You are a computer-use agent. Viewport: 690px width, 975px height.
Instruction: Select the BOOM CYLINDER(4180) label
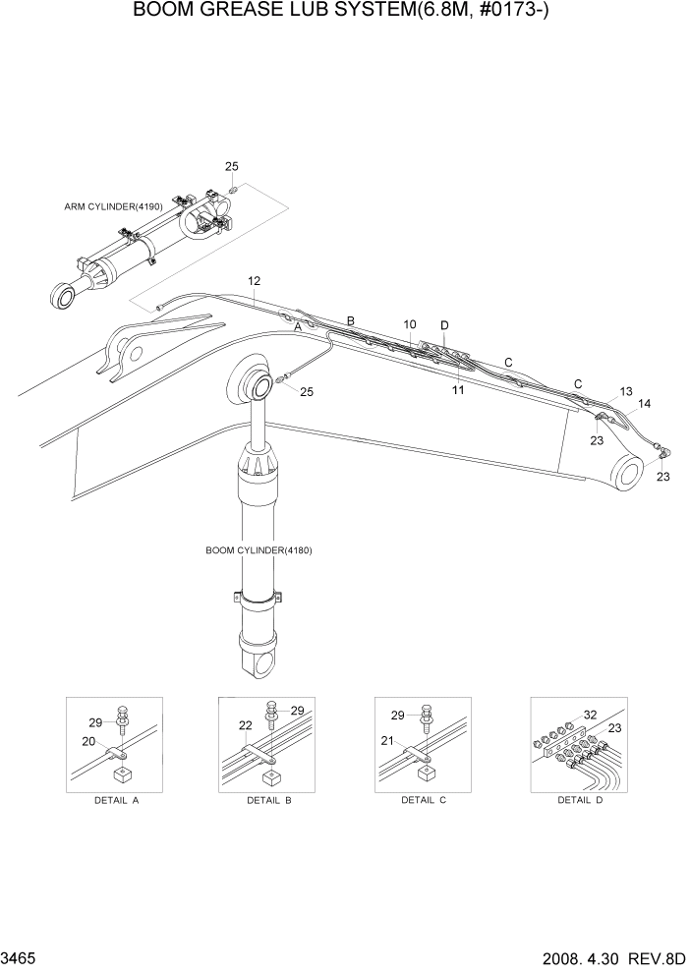tap(259, 549)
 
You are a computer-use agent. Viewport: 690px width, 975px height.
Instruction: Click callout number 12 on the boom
tap(254, 281)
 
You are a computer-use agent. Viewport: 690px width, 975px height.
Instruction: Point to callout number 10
tap(410, 323)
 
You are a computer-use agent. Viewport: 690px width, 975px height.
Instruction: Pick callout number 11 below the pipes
tap(458, 390)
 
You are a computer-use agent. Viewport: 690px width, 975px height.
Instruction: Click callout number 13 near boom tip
tap(626, 390)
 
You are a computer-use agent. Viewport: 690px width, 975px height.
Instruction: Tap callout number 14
tap(644, 403)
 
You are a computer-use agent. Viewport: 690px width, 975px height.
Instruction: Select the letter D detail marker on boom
tap(444, 325)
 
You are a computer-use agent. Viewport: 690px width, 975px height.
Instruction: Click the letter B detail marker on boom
tap(350, 320)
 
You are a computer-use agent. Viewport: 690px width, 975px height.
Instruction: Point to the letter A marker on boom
tap(298, 329)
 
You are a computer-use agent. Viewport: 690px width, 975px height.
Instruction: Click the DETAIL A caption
tap(117, 800)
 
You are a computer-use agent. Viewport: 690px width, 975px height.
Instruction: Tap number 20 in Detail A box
tap(87, 741)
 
